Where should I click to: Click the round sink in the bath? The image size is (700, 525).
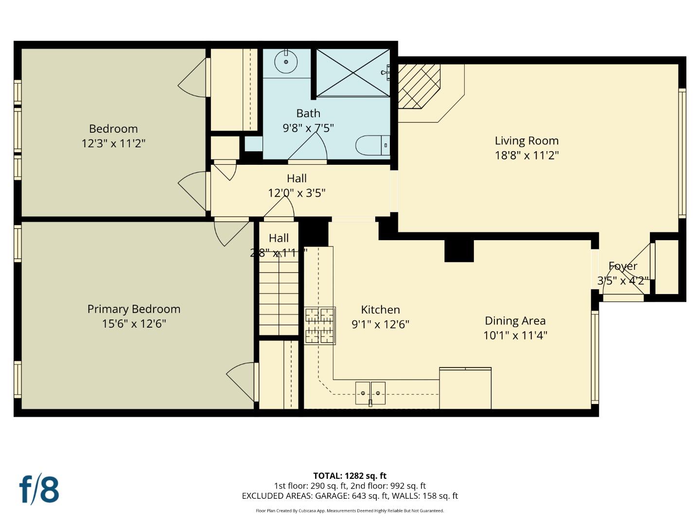[286, 62]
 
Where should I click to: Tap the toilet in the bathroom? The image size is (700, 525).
[372, 145]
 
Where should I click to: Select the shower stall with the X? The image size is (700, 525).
[353, 72]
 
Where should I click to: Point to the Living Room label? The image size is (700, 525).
[526, 141]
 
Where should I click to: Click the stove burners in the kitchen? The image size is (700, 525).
[319, 326]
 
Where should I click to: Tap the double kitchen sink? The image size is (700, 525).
[370, 393]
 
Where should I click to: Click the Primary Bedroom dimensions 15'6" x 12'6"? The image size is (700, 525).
[134, 324]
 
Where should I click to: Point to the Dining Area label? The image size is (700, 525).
[515, 321]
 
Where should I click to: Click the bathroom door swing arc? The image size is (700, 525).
[311, 146]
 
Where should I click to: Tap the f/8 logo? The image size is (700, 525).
[39, 490]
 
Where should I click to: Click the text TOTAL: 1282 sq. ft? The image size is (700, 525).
[350, 476]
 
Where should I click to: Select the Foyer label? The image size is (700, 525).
[623, 266]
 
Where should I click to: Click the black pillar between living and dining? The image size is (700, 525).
[459, 251]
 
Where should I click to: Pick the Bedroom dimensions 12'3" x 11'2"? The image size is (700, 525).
[113, 143]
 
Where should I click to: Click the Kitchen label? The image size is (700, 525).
[380, 310]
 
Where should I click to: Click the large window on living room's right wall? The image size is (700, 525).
[682, 153]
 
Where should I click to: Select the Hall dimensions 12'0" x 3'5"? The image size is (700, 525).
[297, 193]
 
